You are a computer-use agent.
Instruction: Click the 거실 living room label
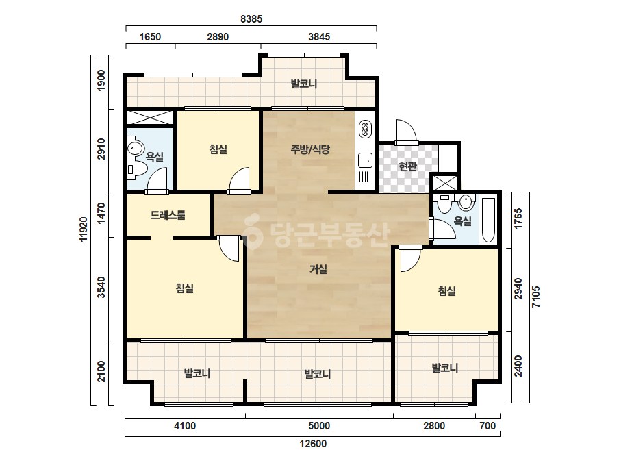318,269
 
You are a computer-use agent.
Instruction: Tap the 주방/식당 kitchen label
310,149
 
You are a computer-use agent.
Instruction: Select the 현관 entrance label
407,166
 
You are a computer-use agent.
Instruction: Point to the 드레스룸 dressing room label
168,215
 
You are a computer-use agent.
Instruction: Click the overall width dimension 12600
313,444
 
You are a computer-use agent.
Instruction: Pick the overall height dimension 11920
84,229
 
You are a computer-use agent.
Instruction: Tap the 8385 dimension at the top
251,19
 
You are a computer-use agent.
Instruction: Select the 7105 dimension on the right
535,297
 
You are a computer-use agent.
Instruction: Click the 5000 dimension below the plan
319,426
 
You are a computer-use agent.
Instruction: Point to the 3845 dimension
319,37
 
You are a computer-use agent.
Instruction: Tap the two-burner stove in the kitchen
365,128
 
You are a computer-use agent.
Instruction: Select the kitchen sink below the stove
365,160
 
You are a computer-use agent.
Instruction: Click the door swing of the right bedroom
411,258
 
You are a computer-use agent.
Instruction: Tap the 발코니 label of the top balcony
304,84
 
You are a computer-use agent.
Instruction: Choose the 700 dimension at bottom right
488,426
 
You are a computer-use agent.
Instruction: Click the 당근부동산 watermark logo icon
253,231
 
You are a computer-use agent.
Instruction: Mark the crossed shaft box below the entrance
444,182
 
